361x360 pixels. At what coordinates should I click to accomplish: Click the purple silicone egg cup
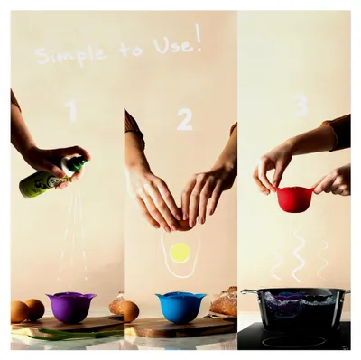click(x=70, y=308)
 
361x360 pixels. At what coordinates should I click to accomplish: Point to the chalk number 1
click(x=72, y=111)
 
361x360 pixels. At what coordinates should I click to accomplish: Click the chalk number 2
click(x=184, y=119)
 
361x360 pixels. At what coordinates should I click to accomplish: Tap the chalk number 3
click(x=300, y=106)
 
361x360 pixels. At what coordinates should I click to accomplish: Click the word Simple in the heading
click(x=71, y=55)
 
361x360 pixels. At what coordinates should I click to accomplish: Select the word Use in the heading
click(x=171, y=46)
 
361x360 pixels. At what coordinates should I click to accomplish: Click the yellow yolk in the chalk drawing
click(x=180, y=253)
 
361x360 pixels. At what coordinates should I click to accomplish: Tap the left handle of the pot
click(x=249, y=292)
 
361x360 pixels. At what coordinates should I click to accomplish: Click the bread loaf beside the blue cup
click(x=224, y=301)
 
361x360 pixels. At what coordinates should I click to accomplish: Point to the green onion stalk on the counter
click(x=75, y=333)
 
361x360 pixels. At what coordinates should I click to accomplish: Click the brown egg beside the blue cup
click(x=131, y=311)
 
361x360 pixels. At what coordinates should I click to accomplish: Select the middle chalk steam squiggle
click(x=299, y=254)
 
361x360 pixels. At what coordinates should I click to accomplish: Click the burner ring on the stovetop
click(x=293, y=341)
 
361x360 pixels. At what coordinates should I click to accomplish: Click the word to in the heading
click(x=131, y=50)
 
